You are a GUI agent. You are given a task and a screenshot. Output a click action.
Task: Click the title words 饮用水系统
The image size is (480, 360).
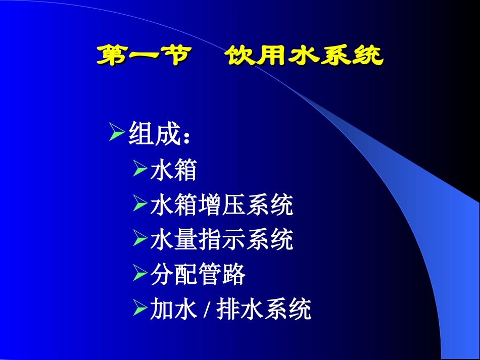click(x=304, y=56)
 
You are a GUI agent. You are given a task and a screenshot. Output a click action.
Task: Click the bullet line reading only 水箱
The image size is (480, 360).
click(x=173, y=171)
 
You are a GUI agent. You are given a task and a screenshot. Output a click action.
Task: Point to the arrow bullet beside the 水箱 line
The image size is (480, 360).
click(x=140, y=170)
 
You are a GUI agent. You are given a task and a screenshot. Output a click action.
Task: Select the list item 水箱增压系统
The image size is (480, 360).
click(x=221, y=205)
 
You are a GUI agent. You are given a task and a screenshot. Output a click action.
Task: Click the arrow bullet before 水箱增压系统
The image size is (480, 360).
click(x=140, y=204)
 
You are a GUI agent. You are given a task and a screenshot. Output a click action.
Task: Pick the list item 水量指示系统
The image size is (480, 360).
click(x=221, y=240)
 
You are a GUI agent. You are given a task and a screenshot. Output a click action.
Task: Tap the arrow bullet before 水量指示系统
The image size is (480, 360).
click(x=140, y=239)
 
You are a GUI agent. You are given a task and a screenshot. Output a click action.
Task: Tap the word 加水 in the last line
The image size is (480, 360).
click(x=173, y=310)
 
